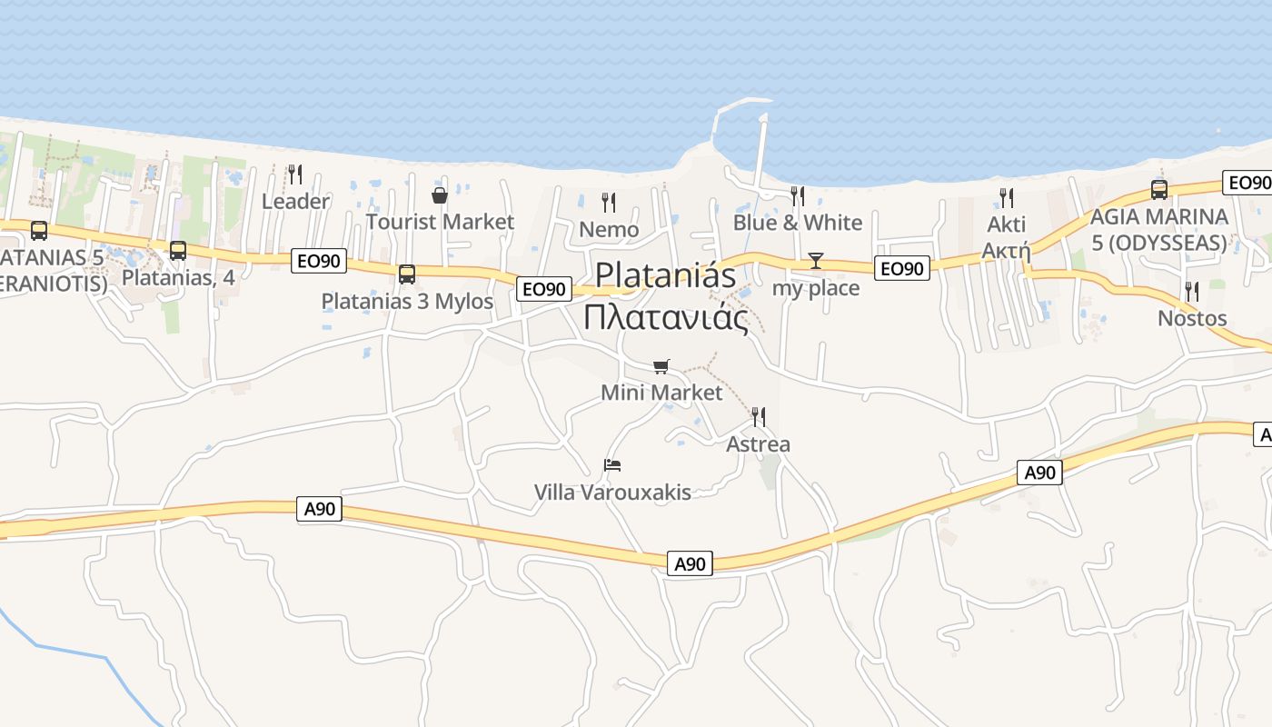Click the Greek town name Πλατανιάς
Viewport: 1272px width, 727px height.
click(665, 317)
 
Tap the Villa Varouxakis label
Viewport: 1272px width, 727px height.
click(612, 493)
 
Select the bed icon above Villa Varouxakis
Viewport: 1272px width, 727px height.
click(612, 465)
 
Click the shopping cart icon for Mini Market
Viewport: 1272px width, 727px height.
click(661, 366)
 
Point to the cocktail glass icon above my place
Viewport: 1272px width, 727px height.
click(815, 262)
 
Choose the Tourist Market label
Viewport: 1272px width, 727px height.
click(440, 222)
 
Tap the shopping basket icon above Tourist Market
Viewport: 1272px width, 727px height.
click(440, 194)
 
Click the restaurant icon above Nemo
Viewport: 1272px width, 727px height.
click(609, 202)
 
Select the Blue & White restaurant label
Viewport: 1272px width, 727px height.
click(798, 223)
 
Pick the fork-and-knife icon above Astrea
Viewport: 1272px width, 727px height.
click(759, 417)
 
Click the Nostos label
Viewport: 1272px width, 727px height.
click(1192, 318)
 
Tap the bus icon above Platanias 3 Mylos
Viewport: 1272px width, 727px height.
click(407, 274)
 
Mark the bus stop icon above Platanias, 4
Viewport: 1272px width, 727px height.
click(178, 250)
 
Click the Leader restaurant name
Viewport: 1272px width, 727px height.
click(295, 201)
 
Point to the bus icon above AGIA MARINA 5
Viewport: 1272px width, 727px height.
click(1159, 189)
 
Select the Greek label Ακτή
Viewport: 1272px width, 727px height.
click(1007, 250)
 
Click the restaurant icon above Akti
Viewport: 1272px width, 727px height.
click(1007, 197)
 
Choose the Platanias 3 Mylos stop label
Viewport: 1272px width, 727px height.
click(407, 301)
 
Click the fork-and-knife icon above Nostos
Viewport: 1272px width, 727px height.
click(1192, 292)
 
